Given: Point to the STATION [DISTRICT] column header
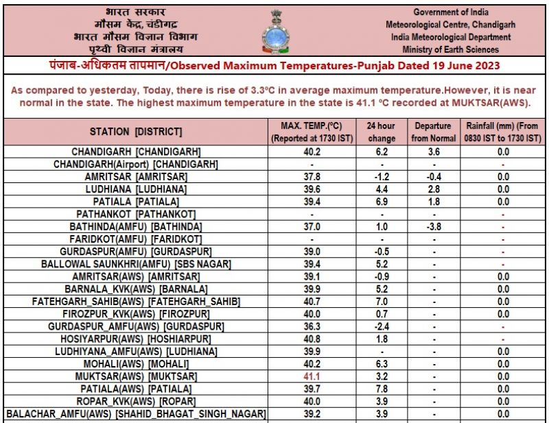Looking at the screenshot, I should [x=136, y=132].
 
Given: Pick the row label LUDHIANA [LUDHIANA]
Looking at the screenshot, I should [x=136, y=189].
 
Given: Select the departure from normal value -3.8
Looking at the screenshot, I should [x=433, y=226].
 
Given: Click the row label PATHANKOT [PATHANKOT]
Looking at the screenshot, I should [x=136, y=214].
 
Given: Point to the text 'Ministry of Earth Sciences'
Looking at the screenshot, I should [x=451, y=49].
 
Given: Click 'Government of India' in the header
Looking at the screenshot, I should [x=451, y=12].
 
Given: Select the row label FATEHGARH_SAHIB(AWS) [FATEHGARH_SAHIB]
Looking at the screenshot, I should [x=136, y=301].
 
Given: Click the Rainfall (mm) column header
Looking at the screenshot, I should [x=504, y=132].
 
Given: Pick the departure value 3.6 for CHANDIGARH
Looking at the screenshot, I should [x=433, y=151].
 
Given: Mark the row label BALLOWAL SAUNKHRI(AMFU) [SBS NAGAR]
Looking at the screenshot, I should [x=136, y=263].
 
